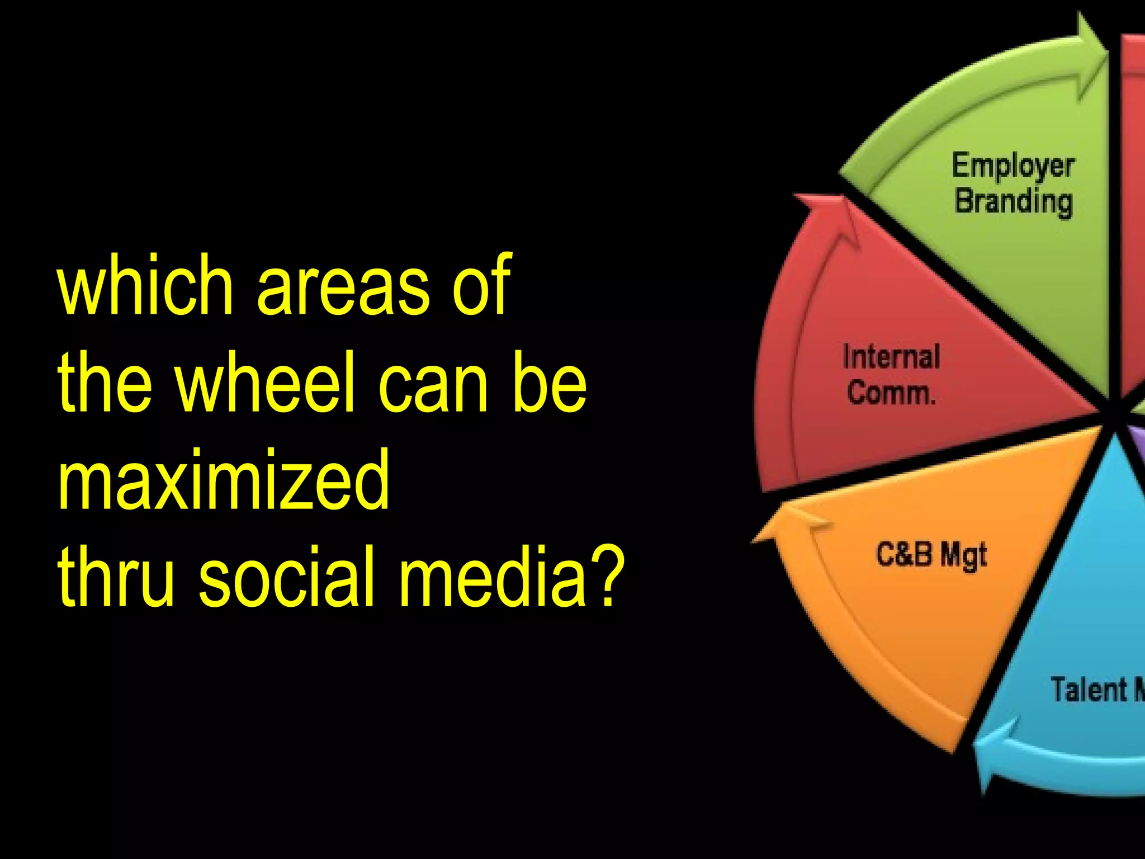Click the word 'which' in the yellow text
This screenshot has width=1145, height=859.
(145, 285)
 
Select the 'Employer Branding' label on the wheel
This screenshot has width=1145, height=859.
(1013, 183)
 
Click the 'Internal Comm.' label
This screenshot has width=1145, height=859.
(891, 375)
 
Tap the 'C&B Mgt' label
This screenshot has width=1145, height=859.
(931, 555)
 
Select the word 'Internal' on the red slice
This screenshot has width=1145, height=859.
(891, 358)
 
